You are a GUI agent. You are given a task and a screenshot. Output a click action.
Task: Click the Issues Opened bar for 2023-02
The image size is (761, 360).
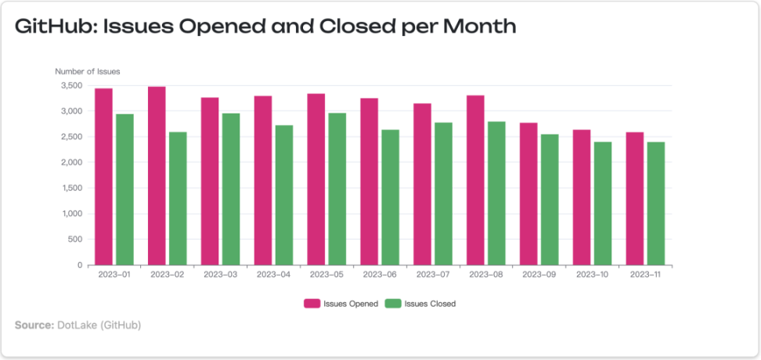[x=157, y=176]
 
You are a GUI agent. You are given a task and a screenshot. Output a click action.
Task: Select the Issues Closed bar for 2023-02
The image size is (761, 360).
[x=178, y=199]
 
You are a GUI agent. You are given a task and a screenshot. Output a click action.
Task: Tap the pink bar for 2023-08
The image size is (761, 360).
[x=475, y=180]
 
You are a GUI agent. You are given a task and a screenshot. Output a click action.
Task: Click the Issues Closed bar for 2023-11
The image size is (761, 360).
[x=655, y=203]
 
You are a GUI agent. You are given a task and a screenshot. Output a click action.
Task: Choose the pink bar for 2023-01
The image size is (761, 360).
[x=103, y=177]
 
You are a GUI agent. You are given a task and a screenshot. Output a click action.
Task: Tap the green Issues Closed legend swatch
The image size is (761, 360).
[x=393, y=304]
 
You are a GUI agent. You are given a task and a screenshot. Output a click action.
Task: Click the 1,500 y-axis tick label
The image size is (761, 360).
[x=70, y=188]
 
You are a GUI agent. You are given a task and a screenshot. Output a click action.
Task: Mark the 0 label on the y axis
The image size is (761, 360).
[x=79, y=265]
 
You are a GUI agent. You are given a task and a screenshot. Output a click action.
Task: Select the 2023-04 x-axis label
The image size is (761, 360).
[x=273, y=275]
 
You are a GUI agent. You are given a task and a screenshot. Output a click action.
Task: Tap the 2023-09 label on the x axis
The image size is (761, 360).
[x=539, y=275]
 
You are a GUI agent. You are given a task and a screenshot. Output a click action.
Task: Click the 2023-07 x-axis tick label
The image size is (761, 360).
[x=432, y=275]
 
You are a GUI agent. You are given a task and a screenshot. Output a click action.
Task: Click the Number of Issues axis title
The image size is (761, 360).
[x=88, y=71]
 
